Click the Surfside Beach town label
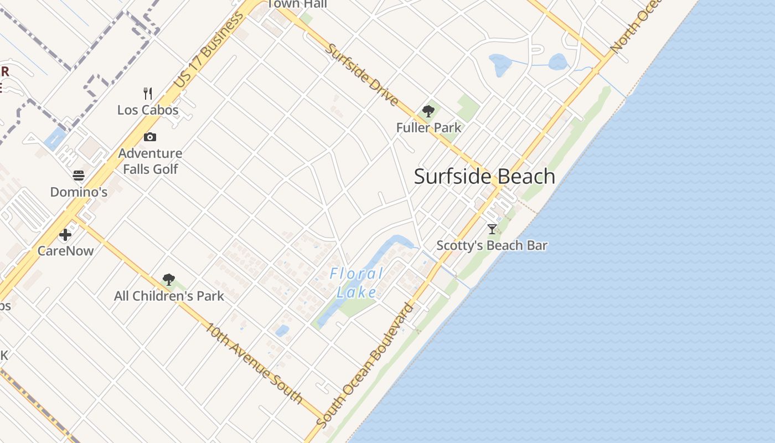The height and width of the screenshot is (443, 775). [x=484, y=177]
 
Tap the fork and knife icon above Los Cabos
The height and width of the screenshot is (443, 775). [x=148, y=92]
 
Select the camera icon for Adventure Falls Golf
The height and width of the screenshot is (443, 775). [x=150, y=137]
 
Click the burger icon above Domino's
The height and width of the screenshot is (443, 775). [x=79, y=176]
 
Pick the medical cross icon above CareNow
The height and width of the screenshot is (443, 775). [x=65, y=234]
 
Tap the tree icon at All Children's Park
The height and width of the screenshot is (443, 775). [x=169, y=279]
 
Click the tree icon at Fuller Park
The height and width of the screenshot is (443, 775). [x=428, y=111]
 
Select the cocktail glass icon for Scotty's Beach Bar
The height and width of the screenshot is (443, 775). [x=492, y=229]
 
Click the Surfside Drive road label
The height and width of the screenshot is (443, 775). [x=361, y=75]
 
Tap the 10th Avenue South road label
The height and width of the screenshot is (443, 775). [x=254, y=363]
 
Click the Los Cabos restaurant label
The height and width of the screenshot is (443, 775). [x=148, y=110]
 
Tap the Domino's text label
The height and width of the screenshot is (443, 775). [x=79, y=192]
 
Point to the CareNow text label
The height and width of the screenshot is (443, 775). [x=65, y=251]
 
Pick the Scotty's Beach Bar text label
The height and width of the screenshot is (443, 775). [x=492, y=245]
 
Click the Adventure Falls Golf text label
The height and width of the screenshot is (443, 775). [x=150, y=161]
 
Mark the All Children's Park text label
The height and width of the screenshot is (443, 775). [x=169, y=296]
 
